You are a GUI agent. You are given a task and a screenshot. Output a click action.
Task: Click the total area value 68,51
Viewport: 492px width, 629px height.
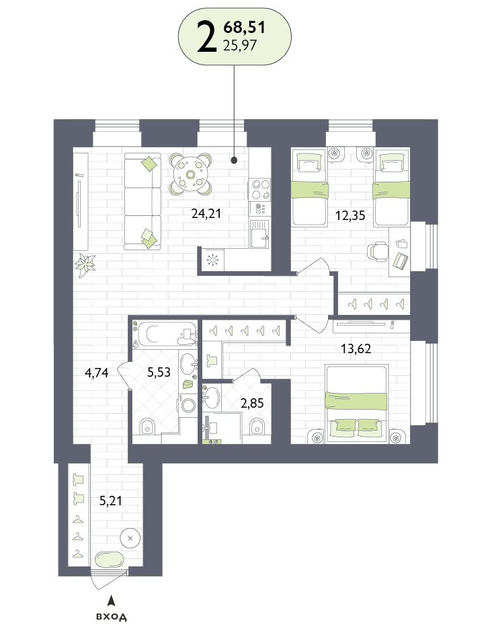[x=245, y=28]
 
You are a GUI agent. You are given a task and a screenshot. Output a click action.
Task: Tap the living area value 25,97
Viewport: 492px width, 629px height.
[x=240, y=45]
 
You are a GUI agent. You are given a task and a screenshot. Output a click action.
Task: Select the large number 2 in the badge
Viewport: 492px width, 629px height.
[x=207, y=36]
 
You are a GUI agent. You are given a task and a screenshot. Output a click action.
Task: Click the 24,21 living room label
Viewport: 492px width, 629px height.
[x=206, y=213]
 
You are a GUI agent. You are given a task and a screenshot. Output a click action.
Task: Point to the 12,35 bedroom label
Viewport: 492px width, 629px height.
[x=350, y=215]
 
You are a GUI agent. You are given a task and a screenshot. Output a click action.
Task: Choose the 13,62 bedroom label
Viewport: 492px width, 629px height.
[x=356, y=348]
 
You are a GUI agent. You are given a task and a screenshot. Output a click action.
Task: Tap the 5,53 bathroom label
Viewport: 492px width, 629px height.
[x=159, y=372]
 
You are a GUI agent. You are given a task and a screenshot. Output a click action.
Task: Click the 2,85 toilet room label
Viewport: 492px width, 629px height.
[x=252, y=403]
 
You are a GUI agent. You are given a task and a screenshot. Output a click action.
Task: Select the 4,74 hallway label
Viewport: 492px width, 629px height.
[x=97, y=373]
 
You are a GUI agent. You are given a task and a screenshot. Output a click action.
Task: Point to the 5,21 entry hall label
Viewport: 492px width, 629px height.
[x=111, y=501]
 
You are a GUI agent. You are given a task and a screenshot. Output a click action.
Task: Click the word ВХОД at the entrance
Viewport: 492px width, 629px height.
[x=112, y=616]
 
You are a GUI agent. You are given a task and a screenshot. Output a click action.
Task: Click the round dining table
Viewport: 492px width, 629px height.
[x=190, y=174]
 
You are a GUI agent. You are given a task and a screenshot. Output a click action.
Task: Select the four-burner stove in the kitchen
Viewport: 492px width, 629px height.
[x=259, y=189]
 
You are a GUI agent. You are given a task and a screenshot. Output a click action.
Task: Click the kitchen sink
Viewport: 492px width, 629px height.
[x=260, y=234]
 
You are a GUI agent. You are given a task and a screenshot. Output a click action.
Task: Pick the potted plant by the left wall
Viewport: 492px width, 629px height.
[x=85, y=265]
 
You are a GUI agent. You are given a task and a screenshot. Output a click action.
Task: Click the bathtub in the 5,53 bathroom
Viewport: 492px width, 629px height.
[x=165, y=334]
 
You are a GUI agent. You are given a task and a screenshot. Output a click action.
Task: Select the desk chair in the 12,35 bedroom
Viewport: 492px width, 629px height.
[x=378, y=252]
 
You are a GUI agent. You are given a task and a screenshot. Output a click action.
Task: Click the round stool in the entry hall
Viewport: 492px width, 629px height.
[x=130, y=538]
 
